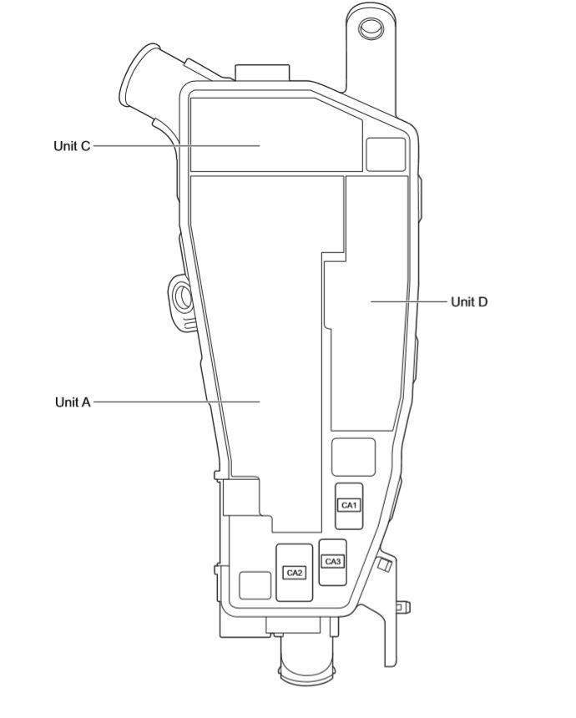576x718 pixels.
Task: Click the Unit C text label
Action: [71, 146]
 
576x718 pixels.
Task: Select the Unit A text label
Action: [72, 402]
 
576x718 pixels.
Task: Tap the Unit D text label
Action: [468, 302]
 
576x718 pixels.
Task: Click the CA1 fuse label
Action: [348, 505]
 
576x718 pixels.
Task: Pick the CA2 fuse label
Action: [294, 573]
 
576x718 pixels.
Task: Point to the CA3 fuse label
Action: [332, 561]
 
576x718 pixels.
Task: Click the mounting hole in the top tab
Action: [370, 28]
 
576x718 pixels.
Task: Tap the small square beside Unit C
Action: [385, 154]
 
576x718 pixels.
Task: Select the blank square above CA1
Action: [353, 457]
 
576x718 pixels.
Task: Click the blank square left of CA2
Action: [255, 585]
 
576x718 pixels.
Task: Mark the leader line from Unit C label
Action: [175, 145]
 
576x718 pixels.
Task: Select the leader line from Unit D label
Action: [408, 301]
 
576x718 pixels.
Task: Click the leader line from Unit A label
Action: [175, 402]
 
